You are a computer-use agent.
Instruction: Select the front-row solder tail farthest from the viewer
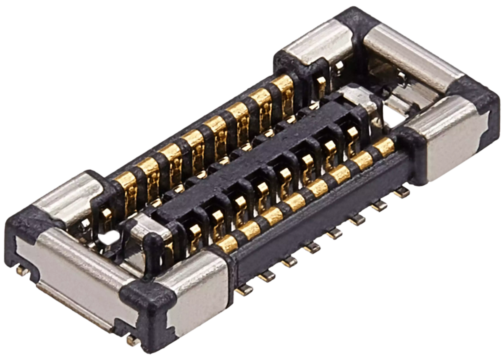coord(402,192)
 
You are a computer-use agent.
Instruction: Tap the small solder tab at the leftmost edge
coord(20,271)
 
